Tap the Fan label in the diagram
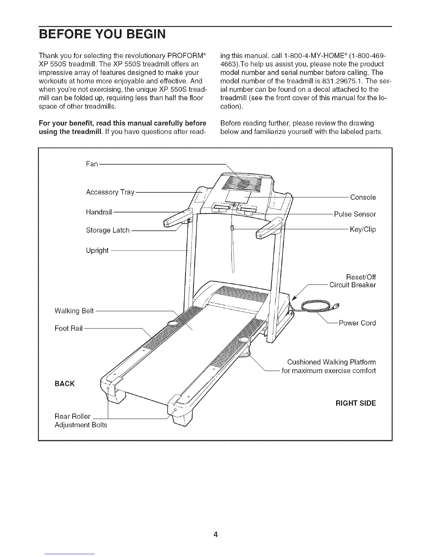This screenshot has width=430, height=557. (92, 164)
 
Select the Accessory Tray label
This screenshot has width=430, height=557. (110, 192)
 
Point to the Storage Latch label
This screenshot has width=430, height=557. (107, 230)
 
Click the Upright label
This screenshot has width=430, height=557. (97, 250)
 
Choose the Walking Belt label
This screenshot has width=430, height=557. (74, 311)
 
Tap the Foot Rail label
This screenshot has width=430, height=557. (69, 328)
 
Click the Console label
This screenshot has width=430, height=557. (363, 197)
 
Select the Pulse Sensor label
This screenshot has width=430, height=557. (355, 214)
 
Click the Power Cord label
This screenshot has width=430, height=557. (357, 323)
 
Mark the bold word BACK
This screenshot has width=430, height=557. (65, 383)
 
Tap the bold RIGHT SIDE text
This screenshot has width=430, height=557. (356, 403)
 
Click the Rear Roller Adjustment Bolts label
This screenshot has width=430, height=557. (80, 421)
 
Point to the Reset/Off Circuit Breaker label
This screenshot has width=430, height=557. (352, 281)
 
